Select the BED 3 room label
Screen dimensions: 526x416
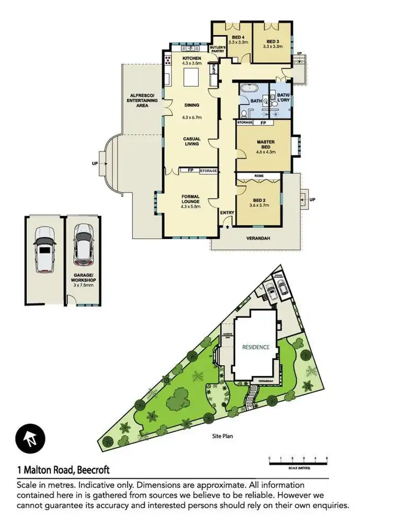point(273,42)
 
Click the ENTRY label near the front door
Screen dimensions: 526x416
point(227,213)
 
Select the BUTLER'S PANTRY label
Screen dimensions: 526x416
point(216,49)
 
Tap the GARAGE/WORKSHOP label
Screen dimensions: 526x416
point(83,280)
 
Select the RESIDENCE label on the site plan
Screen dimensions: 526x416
point(256,347)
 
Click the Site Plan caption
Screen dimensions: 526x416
point(222,436)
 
